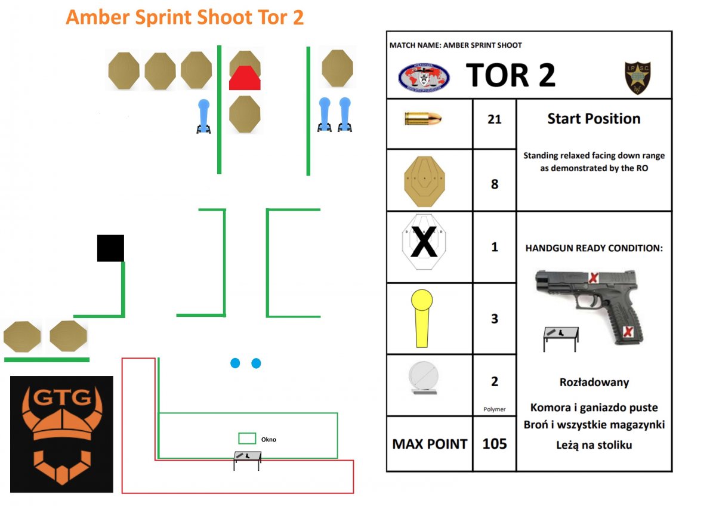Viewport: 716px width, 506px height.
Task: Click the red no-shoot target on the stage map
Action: point(245,78)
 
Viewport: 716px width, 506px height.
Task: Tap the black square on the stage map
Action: point(110,248)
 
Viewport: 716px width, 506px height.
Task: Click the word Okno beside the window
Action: point(268,440)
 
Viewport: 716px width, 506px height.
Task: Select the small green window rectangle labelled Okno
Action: point(247,439)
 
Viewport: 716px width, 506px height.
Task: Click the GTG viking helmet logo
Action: point(61,434)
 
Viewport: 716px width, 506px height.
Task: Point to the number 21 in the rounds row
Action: point(494,119)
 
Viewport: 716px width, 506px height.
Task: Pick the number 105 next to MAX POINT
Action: point(494,443)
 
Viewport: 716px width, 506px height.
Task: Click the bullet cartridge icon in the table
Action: point(422,119)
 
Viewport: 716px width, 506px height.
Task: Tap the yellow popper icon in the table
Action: point(423,318)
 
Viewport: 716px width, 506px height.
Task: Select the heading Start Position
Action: point(594,119)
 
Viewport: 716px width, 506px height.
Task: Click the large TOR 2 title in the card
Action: point(511,75)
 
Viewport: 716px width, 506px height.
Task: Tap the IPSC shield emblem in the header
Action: point(637,78)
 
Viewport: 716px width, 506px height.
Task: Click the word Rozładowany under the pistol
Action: point(594,382)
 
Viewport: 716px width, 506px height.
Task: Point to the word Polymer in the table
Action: point(494,409)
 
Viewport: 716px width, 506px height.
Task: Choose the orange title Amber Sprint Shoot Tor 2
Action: point(185,17)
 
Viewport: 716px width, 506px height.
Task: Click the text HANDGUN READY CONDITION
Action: point(594,248)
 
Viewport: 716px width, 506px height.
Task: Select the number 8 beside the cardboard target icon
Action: point(494,184)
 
